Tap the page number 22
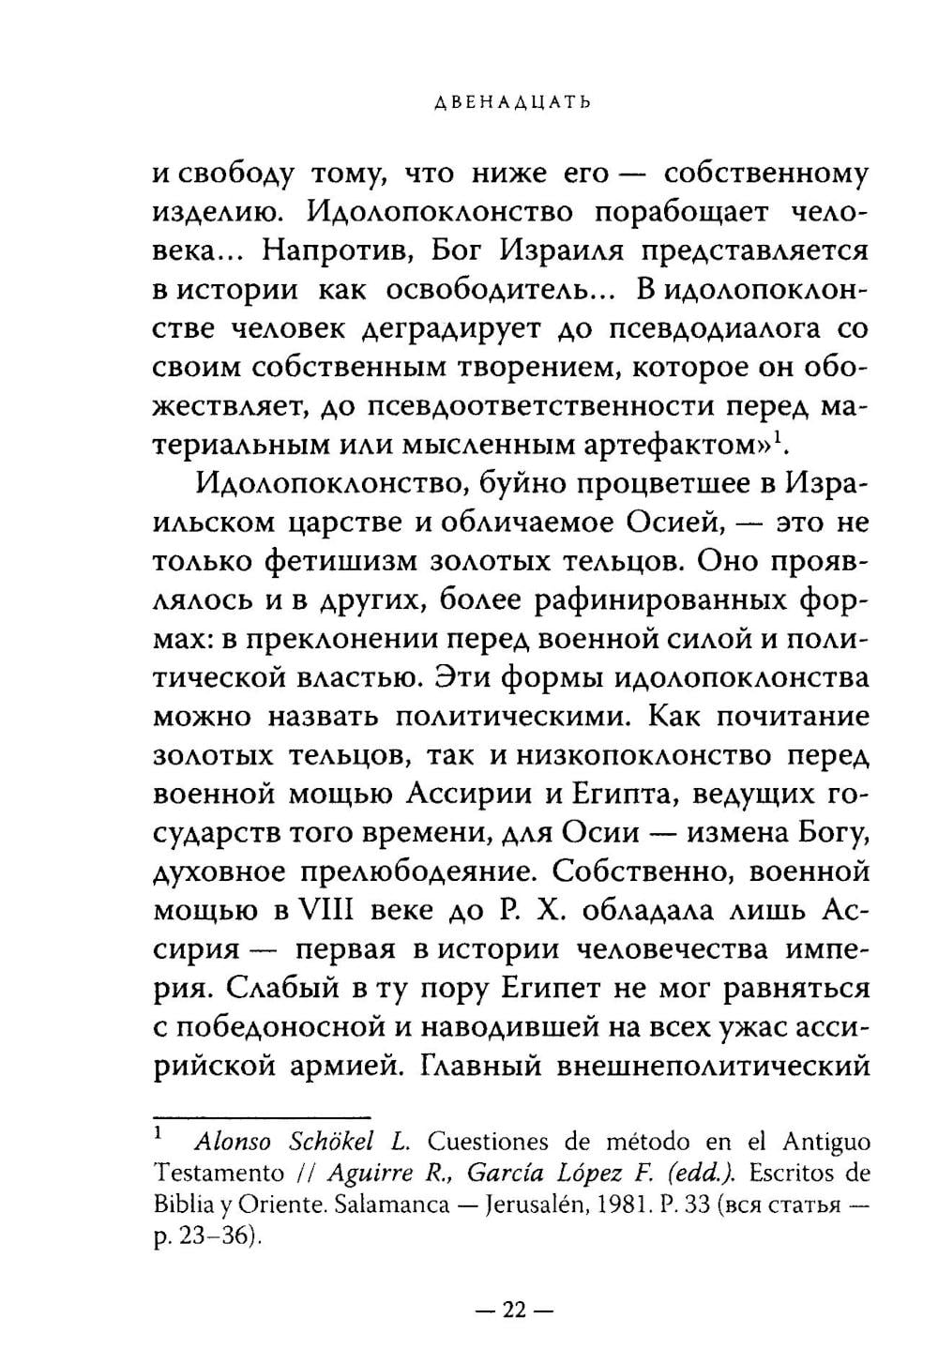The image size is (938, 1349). (x=515, y=1311)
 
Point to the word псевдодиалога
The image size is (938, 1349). (x=707, y=330)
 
